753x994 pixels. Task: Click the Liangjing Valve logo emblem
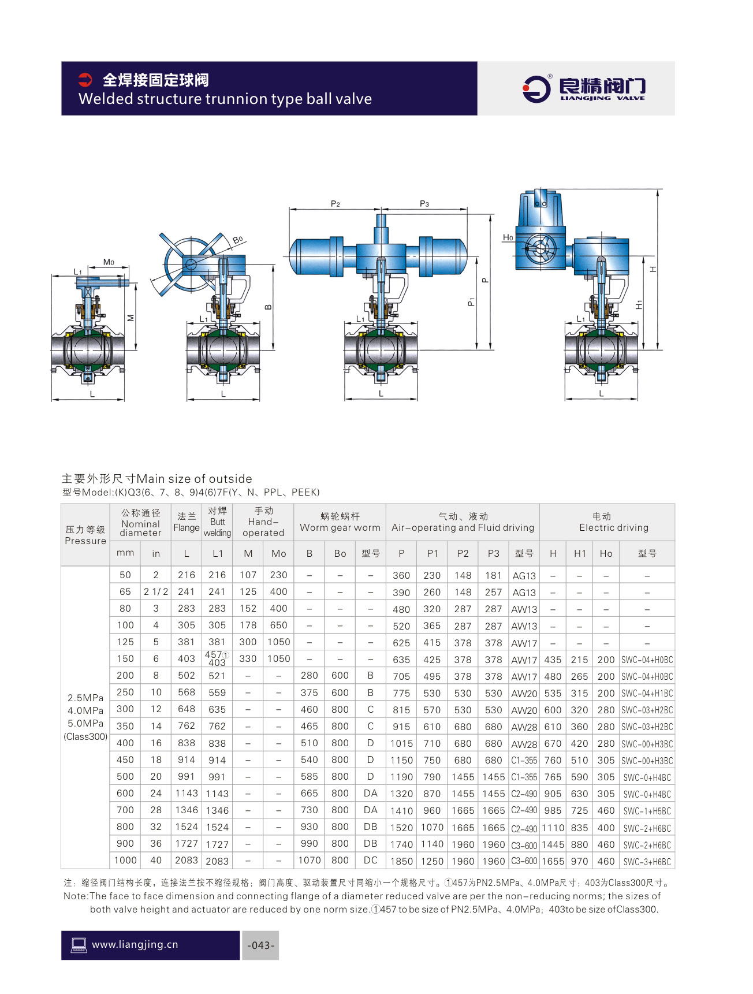(x=536, y=88)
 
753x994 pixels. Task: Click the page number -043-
(x=260, y=945)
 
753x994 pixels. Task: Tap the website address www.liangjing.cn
(x=135, y=944)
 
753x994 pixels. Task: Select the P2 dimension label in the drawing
(x=335, y=203)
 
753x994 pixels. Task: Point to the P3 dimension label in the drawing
(x=424, y=203)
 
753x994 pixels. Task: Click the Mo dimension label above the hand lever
(x=109, y=262)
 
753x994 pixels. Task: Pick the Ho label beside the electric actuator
(x=508, y=237)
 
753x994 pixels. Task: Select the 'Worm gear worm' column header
(x=340, y=527)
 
